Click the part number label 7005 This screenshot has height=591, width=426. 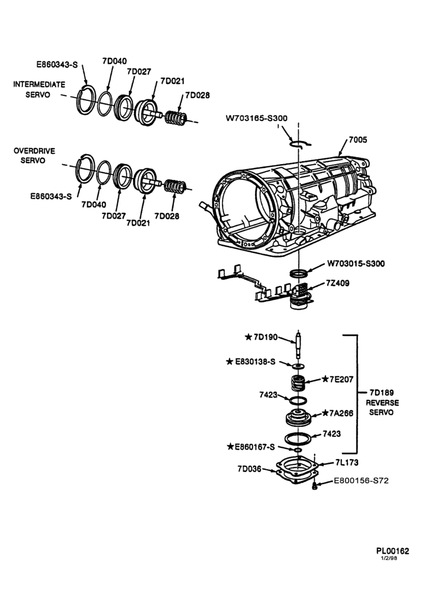pyautogui.click(x=358, y=140)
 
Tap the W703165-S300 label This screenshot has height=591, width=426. pyautogui.click(x=257, y=118)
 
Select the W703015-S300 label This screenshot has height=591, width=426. pyautogui.click(x=356, y=264)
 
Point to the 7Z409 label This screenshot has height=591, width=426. pyautogui.click(x=337, y=282)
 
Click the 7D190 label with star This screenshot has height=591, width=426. pyautogui.click(x=261, y=337)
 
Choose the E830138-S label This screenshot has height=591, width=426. pyautogui.click(x=250, y=362)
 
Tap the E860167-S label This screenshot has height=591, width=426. pyautogui.click(x=250, y=447)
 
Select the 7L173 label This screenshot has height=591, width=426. pyautogui.click(x=347, y=463)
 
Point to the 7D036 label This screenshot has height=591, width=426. pyautogui.click(x=249, y=469)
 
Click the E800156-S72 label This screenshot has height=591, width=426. pyautogui.click(x=361, y=481)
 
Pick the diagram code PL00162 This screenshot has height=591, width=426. pyautogui.click(x=392, y=551)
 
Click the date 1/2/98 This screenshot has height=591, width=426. pyautogui.click(x=389, y=558)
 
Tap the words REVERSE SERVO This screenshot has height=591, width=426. pyautogui.click(x=382, y=407)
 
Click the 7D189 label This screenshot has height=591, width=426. pyautogui.click(x=382, y=393)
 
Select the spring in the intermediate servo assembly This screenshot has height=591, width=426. pyautogui.click(x=176, y=118)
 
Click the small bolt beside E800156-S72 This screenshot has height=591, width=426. pyautogui.click(x=314, y=486)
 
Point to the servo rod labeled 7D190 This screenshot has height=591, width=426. pyautogui.click(x=298, y=345)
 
